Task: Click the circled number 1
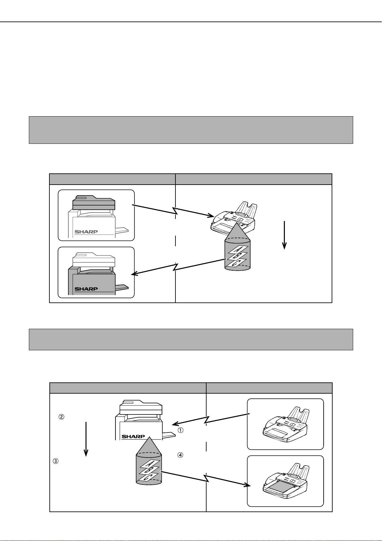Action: pyautogui.click(x=181, y=430)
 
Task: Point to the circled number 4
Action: pyautogui.click(x=181, y=455)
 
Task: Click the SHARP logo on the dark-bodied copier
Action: pyautogui.click(x=86, y=289)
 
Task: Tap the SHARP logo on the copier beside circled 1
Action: pyautogui.click(x=133, y=437)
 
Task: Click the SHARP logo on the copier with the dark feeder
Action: pyautogui.click(x=86, y=231)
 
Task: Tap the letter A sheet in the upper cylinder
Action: pyautogui.click(x=239, y=250)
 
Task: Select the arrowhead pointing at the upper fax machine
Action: pyautogui.click(x=211, y=215)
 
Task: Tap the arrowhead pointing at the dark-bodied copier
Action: pyautogui.click(x=135, y=274)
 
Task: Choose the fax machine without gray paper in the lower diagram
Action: pyautogui.click(x=285, y=424)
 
